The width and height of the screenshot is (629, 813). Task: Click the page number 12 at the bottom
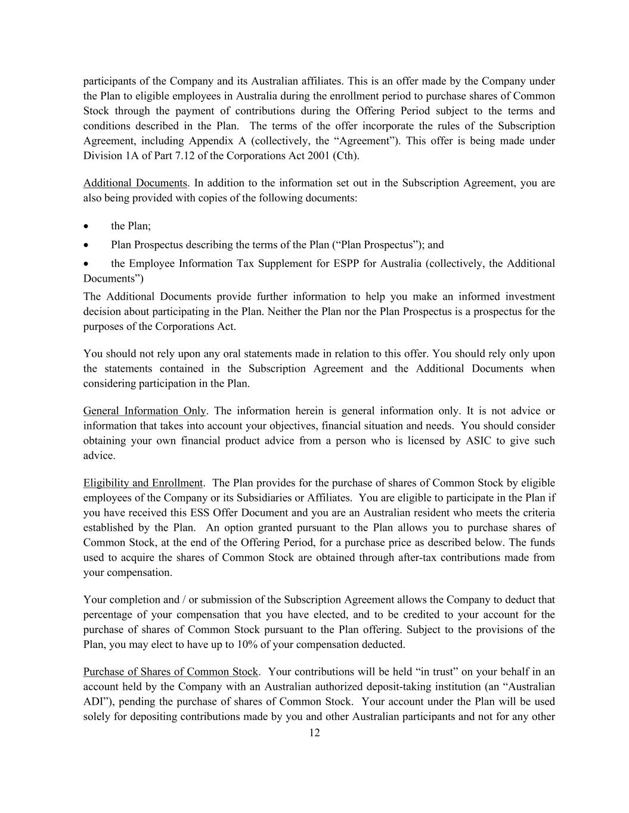314,733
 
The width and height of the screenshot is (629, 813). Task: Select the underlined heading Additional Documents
135,183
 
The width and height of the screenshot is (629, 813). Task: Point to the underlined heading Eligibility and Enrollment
142,483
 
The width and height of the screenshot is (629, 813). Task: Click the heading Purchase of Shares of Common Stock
171,672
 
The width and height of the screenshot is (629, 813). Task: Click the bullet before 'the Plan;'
87,226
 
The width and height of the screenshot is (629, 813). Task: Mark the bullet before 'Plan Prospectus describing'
87,245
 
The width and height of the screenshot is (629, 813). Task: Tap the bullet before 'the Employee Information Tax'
87,264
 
